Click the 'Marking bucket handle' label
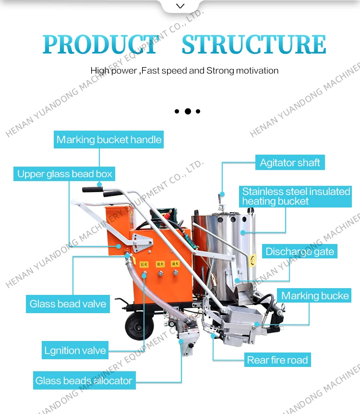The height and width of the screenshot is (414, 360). click(x=109, y=140)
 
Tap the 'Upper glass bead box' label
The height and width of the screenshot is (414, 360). click(x=64, y=174)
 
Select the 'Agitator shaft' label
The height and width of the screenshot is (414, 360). click(x=289, y=162)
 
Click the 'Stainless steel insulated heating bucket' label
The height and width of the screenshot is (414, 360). click(x=296, y=196)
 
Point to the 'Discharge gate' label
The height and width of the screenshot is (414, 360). click(x=300, y=251)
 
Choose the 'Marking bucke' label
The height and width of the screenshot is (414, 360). click(x=314, y=295)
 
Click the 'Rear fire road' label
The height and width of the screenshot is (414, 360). click(x=277, y=360)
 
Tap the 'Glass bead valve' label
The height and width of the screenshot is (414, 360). click(x=68, y=304)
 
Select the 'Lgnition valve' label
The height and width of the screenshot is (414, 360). click(x=75, y=350)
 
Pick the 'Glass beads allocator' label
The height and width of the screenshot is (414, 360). click(x=84, y=381)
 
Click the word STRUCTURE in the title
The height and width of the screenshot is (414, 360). click(x=253, y=44)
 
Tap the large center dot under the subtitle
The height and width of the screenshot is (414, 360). click(x=188, y=111)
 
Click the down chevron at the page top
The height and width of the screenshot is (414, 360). click(x=180, y=6)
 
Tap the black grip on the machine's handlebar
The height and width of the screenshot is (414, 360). click(x=93, y=189)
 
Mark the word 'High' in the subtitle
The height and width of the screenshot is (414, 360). click(x=100, y=71)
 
